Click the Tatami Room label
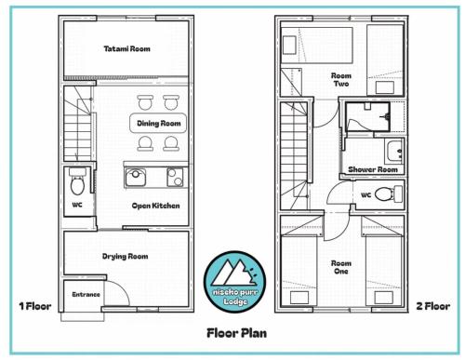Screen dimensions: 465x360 [x=126, y=49]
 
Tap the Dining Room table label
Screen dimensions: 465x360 [x=159, y=124]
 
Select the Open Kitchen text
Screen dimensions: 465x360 [x=155, y=206]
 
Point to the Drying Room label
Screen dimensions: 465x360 [x=126, y=257]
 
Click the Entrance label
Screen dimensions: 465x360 [x=86, y=295]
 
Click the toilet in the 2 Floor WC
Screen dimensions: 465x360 [x=389, y=194]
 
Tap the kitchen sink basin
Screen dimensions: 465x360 [x=136, y=178]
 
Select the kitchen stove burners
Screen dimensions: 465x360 [x=175, y=177]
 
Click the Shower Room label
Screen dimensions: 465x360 [x=373, y=169]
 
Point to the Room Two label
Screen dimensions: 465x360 [x=341, y=80]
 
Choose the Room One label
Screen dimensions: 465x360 [x=341, y=267]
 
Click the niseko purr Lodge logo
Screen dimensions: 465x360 [x=234, y=282]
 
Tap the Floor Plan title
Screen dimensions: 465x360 [x=236, y=333]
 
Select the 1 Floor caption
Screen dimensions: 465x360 [x=35, y=306]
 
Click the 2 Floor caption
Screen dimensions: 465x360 [x=433, y=306]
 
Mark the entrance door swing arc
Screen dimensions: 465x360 [x=123, y=287]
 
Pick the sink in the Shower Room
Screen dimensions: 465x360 [x=394, y=152]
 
